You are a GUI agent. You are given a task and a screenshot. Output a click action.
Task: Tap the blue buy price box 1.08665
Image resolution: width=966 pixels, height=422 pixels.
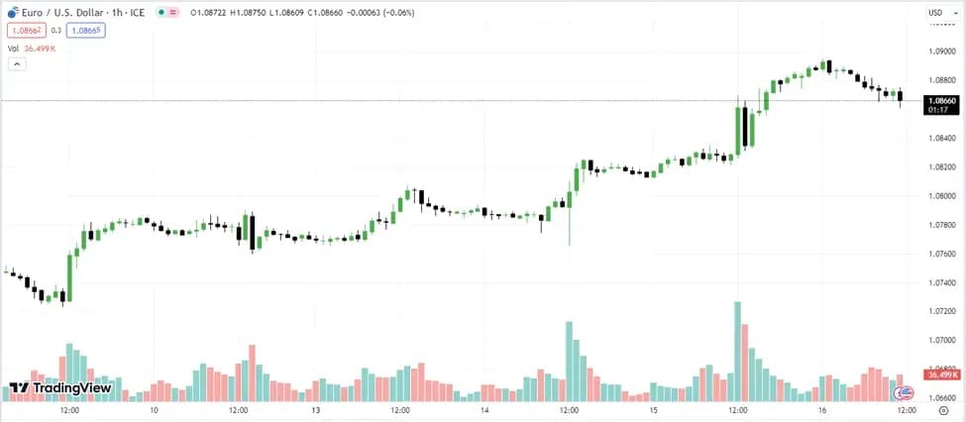click(85, 30)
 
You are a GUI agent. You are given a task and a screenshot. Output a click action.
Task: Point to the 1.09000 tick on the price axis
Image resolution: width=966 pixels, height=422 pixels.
click(940, 51)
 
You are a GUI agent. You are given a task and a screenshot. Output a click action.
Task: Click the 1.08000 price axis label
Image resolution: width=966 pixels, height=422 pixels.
click(940, 195)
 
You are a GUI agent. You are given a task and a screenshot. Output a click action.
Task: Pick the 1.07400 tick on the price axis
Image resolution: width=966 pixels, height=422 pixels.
click(940, 282)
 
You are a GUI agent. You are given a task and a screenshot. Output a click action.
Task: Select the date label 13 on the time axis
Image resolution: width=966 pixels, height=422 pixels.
click(316, 410)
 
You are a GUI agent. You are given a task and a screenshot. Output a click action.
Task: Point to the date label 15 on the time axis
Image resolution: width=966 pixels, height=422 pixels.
click(654, 410)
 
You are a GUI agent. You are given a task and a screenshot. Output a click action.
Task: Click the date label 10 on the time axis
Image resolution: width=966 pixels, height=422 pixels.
click(154, 410)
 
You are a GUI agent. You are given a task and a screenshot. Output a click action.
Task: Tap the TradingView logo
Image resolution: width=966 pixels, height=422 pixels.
click(59, 388)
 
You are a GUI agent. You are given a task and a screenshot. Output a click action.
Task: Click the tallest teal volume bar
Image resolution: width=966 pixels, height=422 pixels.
click(737, 350)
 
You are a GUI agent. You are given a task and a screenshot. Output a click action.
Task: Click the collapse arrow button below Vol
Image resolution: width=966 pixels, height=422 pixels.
click(16, 63)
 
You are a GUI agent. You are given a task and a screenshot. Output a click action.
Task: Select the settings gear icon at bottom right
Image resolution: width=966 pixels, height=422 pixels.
click(942, 410)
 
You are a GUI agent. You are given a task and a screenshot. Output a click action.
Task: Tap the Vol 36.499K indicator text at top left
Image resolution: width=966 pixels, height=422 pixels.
click(31, 48)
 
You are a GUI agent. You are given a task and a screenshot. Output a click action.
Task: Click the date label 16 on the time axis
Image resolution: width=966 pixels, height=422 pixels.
click(822, 410)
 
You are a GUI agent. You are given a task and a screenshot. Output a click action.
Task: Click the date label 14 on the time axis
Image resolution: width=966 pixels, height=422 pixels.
click(484, 410)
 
